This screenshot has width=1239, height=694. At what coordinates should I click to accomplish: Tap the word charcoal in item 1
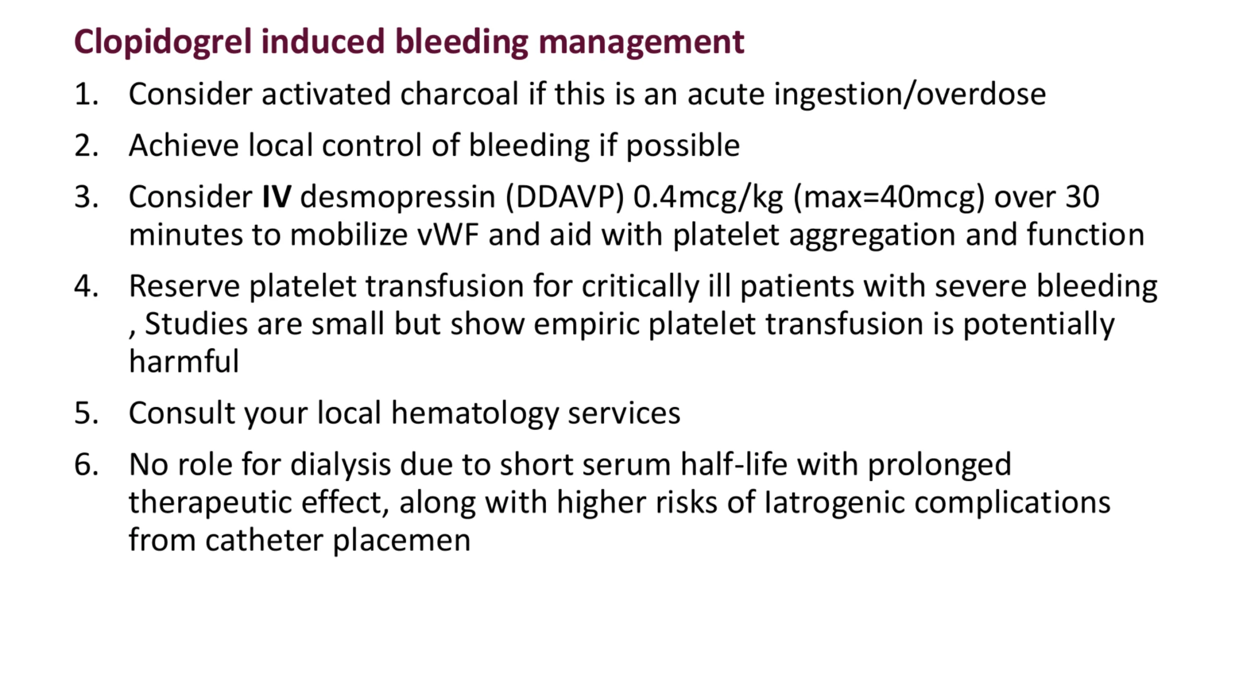click(x=459, y=94)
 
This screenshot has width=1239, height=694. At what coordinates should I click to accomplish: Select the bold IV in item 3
click(x=277, y=196)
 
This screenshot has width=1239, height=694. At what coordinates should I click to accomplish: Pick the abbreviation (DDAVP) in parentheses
click(x=564, y=197)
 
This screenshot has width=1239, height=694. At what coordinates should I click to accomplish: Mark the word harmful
click(x=184, y=361)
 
